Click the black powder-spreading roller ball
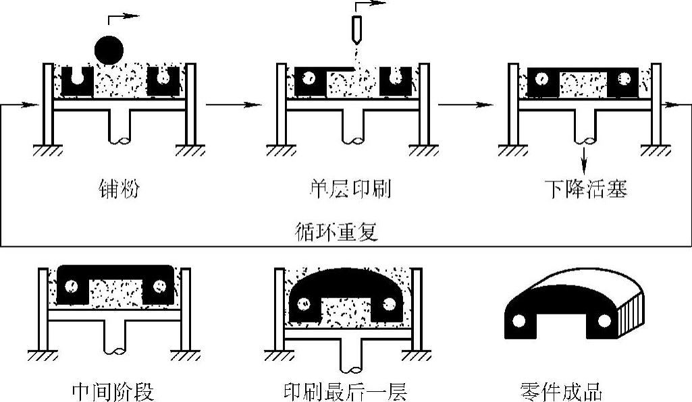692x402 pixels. (110, 49)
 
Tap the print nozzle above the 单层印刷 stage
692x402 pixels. (356, 26)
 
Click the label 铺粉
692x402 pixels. (119, 190)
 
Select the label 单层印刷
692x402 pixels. (353, 190)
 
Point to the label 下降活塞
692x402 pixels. (586, 190)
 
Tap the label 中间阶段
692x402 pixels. (113, 391)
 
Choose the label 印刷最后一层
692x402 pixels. (346, 391)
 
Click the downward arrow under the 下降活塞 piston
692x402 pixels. (585, 162)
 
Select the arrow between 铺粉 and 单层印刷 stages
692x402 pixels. (233, 105)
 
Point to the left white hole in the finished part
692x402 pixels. (520, 321)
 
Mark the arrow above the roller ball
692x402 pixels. (128, 13)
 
